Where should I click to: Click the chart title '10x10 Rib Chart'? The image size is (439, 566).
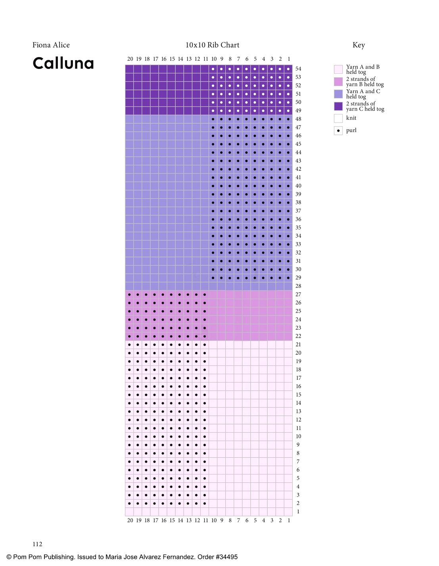tap(212, 45)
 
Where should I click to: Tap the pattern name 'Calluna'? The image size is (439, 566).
tap(63, 63)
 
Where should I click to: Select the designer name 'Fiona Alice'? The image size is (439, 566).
tap(51, 45)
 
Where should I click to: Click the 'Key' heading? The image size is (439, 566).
tap(358, 45)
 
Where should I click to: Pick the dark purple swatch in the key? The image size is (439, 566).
tap(338, 106)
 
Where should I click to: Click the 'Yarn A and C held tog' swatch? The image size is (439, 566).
tap(338, 94)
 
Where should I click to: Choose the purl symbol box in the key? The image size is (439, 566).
tap(338, 130)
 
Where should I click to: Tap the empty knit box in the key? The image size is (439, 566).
tap(338, 118)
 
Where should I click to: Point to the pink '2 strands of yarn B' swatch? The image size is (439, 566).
tap(338, 82)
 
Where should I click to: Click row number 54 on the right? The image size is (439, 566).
tap(298, 69)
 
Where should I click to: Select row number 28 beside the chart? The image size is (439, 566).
tap(298, 286)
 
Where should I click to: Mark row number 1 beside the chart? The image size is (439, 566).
tap(298, 512)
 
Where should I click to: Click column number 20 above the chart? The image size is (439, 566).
tap(130, 59)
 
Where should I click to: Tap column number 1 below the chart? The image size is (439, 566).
tap(289, 520)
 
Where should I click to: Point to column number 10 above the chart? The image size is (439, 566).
tap(214, 59)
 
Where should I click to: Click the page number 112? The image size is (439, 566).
tap(37, 544)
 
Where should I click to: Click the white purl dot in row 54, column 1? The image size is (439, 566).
tap(288, 69)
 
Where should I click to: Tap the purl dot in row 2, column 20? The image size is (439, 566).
tap(129, 503)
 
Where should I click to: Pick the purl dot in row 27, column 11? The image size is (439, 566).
tap(205, 294)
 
